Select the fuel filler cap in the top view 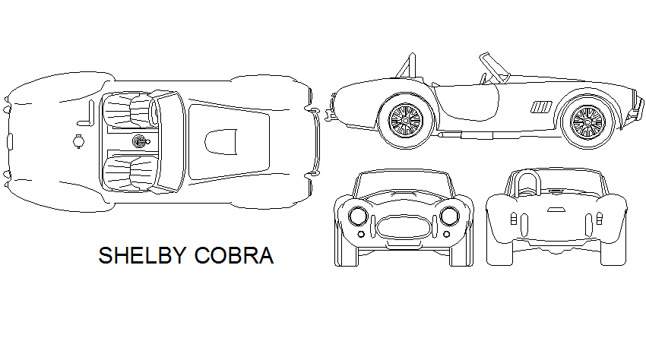coord(77,139)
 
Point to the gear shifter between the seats coord(139,141)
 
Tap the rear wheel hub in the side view coord(404,119)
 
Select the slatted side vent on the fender coord(542,106)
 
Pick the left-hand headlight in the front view coord(357,216)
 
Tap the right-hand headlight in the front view coord(450,216)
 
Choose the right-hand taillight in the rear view coord(598,220)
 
